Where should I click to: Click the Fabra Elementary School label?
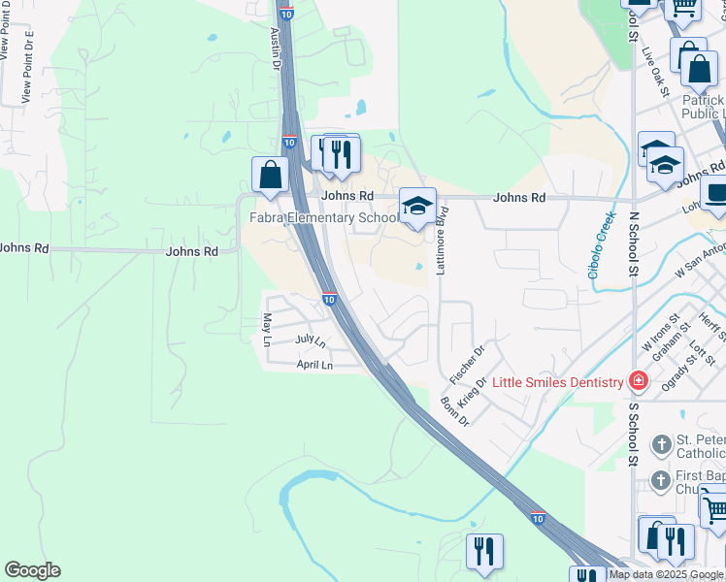click(324, 217)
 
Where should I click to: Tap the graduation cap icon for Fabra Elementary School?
click(417, 207)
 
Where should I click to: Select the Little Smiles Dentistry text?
click(557, 382)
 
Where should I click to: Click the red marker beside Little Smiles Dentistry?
click(638, 381)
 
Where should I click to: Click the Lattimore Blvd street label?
click(441, 241)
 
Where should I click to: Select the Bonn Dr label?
click(454, 412)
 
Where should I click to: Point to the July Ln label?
click(311, 340)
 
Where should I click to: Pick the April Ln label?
click(314, 365)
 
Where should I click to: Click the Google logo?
click(32, 570)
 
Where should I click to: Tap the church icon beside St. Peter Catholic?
click(661, 446)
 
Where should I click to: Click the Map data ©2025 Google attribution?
click(667, 575)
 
